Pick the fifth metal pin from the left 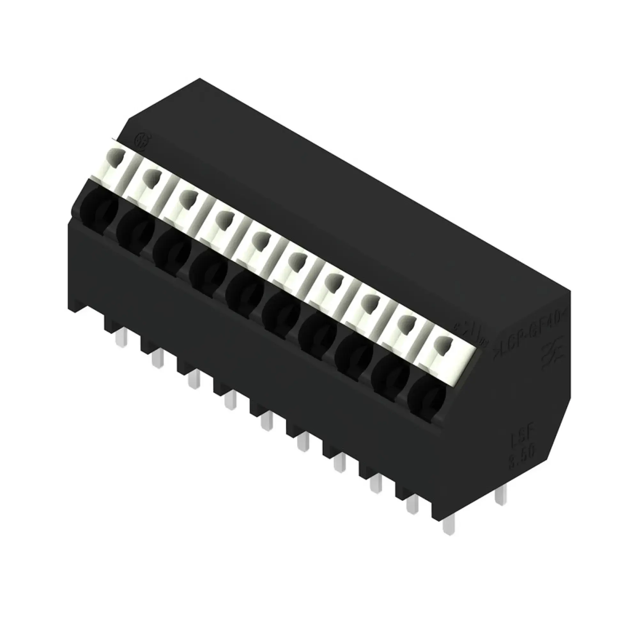pos(266,420)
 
